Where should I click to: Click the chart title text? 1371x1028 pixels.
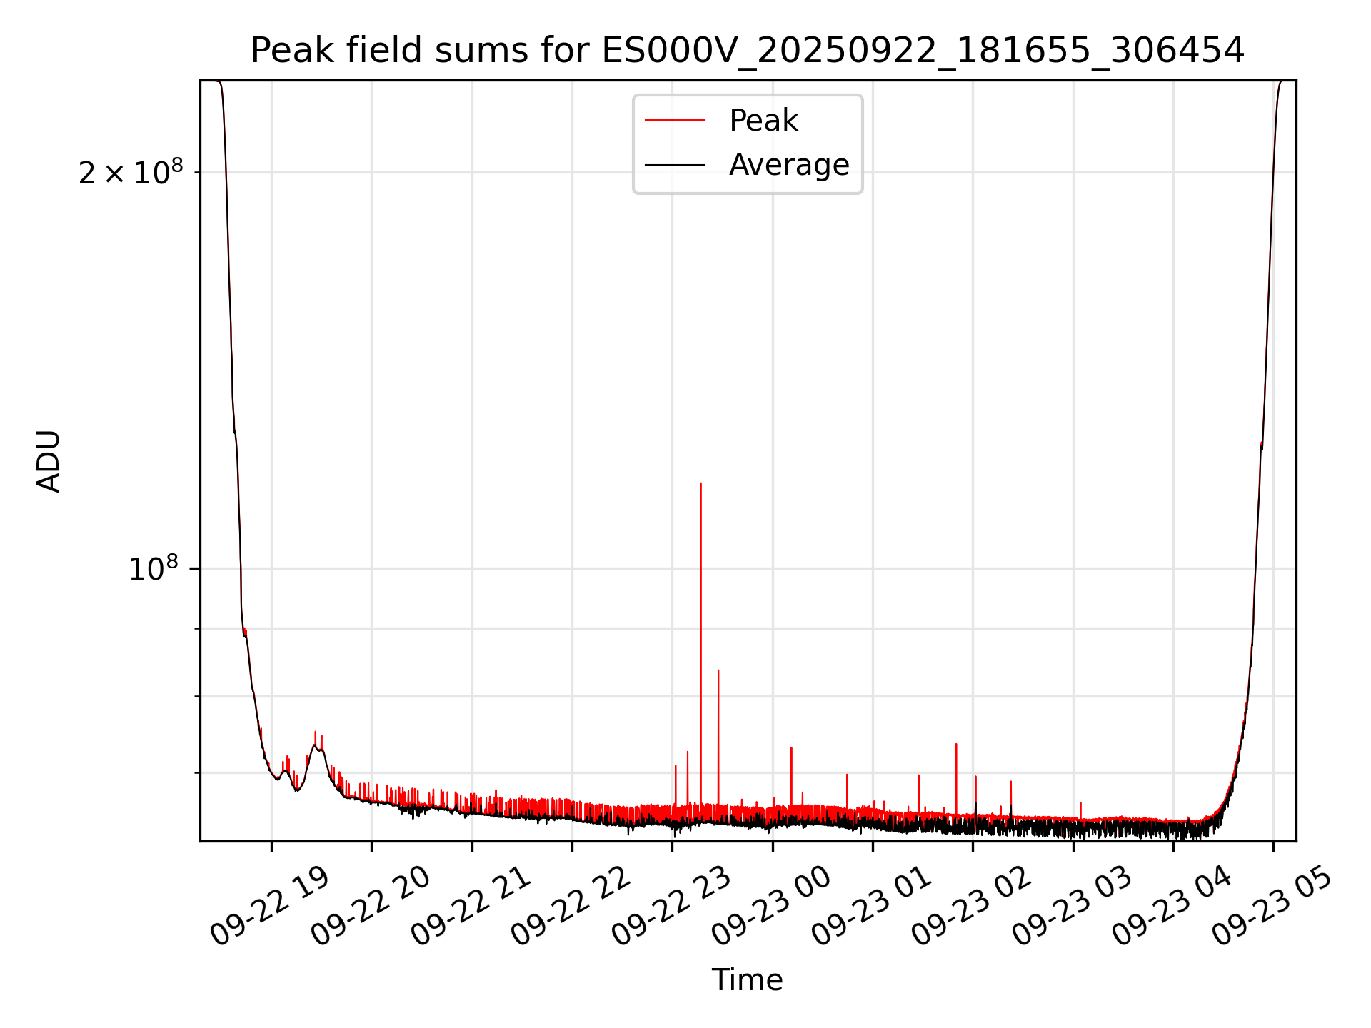(x=747, y=51)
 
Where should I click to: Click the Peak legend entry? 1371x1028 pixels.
(x=763, y=121)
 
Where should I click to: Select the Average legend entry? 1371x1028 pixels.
(x=788, y=165)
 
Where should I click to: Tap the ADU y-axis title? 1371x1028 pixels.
(x=49, y=460)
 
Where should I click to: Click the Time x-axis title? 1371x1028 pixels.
(x=747, y=979)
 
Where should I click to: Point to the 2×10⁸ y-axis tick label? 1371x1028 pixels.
(x=131, y=173)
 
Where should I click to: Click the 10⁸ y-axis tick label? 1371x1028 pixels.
(x=153, y=570)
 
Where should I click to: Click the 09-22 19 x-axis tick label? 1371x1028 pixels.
(x=271, y=906)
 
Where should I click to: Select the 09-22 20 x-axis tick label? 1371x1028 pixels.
(x=371, y=906)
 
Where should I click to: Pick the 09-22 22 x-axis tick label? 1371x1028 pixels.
(x=572, y=906)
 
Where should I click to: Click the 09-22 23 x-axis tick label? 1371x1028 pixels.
(x=672, y=906)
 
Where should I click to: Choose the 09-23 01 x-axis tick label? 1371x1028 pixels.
(x=873, y=906)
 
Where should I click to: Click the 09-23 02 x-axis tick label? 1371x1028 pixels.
(x=973, y=906)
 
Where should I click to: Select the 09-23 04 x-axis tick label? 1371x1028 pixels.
(x=1173, y=906)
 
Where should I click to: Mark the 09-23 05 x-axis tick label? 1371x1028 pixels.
(x=1273, y=906)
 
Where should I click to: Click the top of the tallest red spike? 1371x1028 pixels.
(x=700, y=484)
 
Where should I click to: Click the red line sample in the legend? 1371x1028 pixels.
(x=675, y=121)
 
